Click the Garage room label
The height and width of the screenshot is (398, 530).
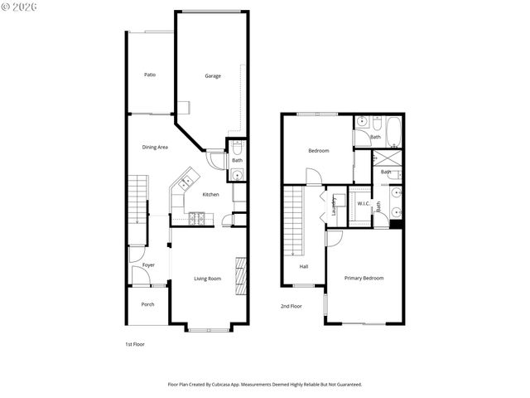point(213,76)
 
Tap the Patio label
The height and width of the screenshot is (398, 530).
point(150,75)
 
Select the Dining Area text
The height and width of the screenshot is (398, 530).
point(155,148)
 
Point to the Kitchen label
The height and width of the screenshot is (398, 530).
point(211,194)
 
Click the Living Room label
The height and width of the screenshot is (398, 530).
point(208,279)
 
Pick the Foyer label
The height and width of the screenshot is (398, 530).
point(148,265)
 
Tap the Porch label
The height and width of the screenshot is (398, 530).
point(147,304)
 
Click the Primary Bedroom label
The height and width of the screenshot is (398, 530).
point(364,279)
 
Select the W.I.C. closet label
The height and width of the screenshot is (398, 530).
point(364,203)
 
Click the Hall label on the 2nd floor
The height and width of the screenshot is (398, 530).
point(304,266)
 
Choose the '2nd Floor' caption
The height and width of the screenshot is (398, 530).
point(291,306)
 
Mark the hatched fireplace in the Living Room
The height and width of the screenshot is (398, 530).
point(241,275)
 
